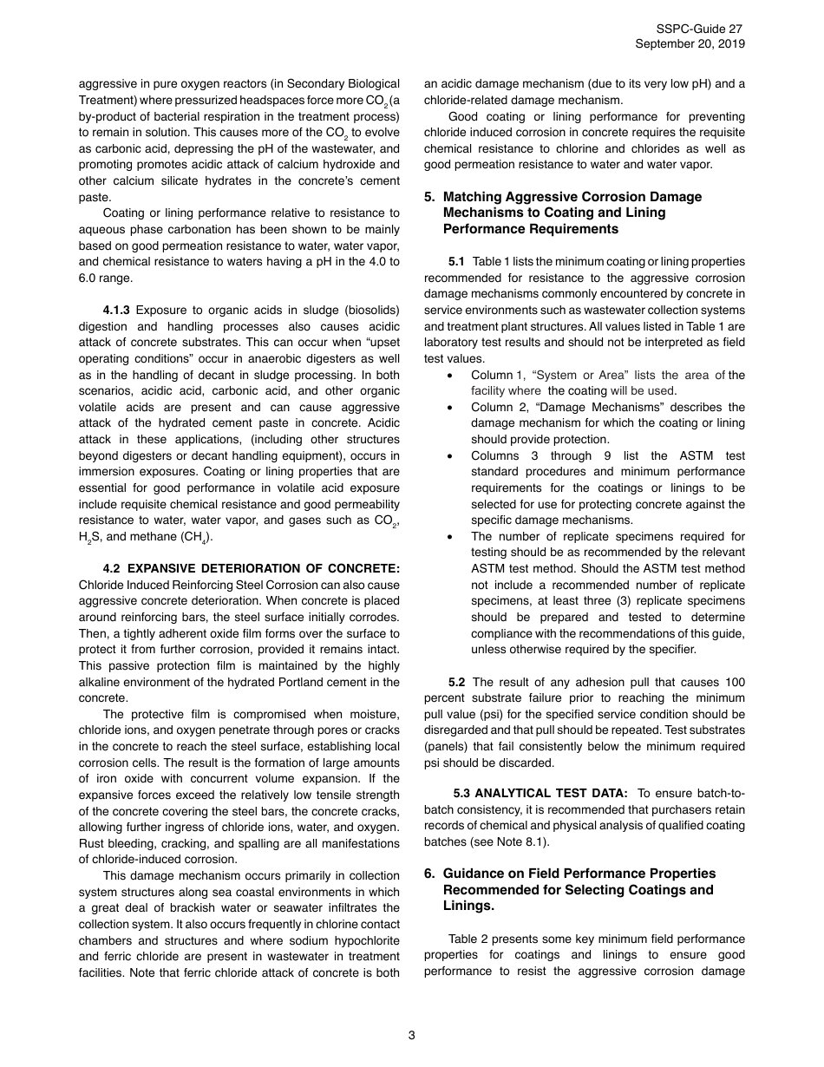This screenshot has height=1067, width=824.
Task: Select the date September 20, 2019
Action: pyautogui.click(x=690, y=44)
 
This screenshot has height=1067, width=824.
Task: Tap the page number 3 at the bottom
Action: pyautogui.click(x=412, y=1035)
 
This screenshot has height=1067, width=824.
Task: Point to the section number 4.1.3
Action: pyautogui.click(x=117, y=311)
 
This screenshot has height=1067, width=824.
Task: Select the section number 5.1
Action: pyautogui.click(x=456, y=262)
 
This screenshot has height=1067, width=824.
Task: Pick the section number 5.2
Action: pyautogui.click(x=456, y=683)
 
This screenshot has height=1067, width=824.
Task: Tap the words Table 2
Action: pyautogui.click(x=467, y=939)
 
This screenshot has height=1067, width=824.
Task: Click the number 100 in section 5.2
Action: pyautogui.click(x=734, y=683)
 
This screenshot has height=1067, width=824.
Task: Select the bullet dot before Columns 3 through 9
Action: pyautogui.click(x=448, y=456)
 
